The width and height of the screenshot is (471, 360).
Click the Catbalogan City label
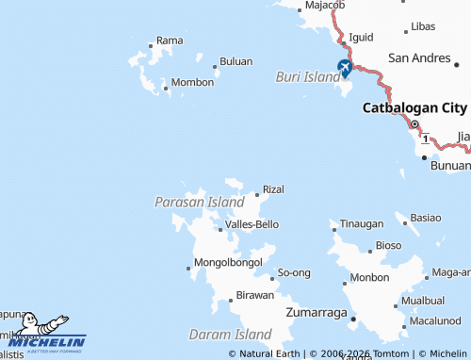pos(414,108)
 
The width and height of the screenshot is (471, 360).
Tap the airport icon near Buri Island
pos(345,68)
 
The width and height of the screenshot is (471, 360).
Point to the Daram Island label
pos(231,335)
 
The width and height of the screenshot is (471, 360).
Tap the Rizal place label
pos(273,189)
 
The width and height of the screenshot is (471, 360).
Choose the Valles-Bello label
pos(252,224)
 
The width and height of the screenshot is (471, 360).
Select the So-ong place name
pos(294,273)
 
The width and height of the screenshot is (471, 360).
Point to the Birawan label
pos(254,296)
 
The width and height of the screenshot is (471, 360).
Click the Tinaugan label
pos(362,224)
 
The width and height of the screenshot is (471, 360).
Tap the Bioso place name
pos(388,246)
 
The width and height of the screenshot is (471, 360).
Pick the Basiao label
pos(426,218)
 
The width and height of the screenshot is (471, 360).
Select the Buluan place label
pos(235,62)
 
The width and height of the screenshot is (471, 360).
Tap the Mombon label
pos(192,83)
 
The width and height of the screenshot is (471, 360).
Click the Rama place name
pos(170,41)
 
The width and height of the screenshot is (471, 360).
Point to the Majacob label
pos(325,6)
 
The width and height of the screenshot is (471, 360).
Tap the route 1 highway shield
pos(425,139)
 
